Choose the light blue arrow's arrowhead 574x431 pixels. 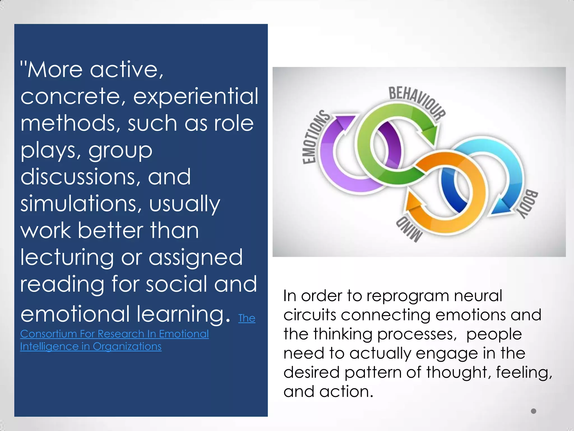pos(502,208)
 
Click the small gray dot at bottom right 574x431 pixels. pos(533,411)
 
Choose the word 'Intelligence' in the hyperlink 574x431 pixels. pos(49,347)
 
